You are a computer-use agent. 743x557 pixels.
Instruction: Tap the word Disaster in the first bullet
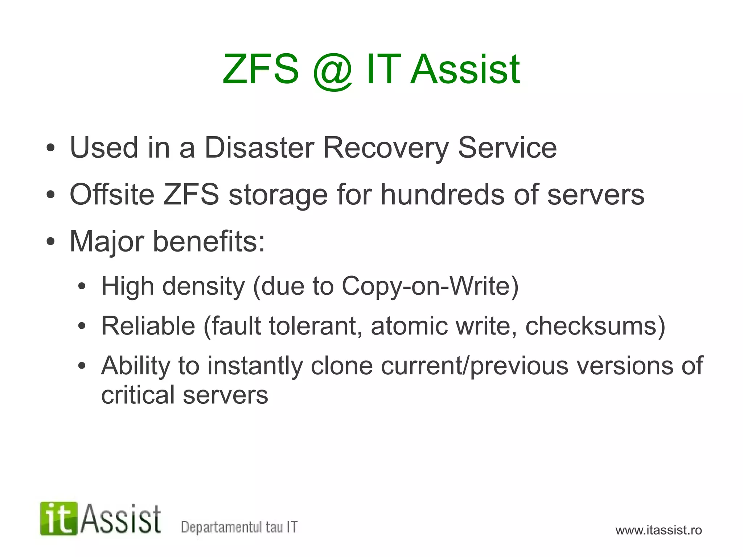[x=259, y=147]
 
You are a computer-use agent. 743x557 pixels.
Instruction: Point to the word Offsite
[x=112, y=195]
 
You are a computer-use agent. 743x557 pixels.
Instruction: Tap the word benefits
[x=209, y=241]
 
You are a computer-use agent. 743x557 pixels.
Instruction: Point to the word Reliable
[x=148, y=326]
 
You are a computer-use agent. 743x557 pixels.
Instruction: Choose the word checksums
[x=591, y=326]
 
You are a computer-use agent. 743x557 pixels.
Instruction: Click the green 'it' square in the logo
[x=59, y=519]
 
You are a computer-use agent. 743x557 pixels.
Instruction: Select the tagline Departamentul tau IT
[x=239, y=527]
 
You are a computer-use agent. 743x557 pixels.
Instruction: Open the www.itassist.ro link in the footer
[x=658, y=530]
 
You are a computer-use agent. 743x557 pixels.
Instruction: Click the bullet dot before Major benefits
[x=50, y=241]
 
